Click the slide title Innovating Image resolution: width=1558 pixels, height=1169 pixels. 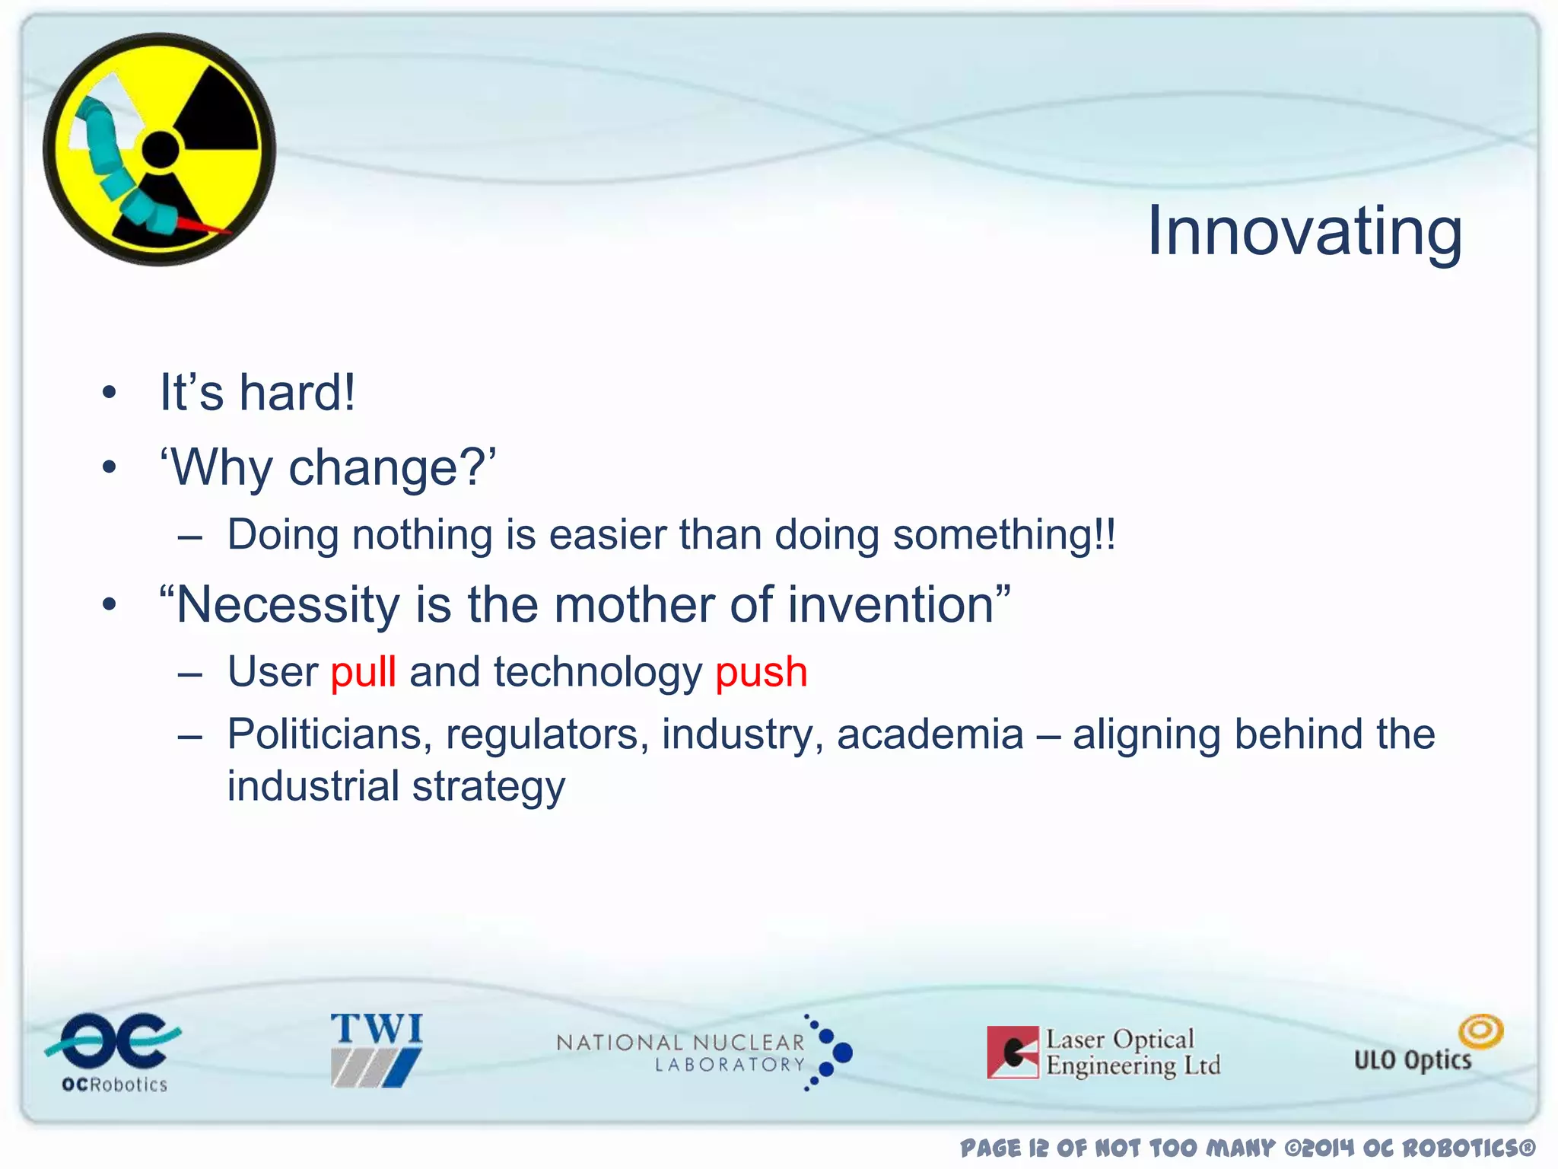coord(1304,232)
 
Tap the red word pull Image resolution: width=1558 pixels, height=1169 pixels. coord(363,673)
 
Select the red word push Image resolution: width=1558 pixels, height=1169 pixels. coord(761,673)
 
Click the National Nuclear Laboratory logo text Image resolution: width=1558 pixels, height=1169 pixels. coord(681,1053)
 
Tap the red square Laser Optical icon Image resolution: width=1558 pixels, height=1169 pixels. coord(1013,1053)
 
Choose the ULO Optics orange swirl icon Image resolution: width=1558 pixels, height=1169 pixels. coord(1480,1031)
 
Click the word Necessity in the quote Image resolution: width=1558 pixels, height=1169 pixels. coord(288,606)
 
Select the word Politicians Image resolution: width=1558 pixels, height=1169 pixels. coord(329,734)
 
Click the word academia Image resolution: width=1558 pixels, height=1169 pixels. coord(930,734)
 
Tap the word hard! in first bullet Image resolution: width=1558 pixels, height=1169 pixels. coord(297,393)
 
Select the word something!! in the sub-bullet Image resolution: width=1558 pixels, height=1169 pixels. coord(1004,534)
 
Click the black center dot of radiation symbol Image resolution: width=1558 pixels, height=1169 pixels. coord(161,149)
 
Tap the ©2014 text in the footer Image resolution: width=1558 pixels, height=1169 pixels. coord(1320,1148)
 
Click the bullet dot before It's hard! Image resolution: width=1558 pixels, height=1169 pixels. coord(110,393)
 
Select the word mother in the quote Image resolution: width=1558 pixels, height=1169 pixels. coord(634,606)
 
